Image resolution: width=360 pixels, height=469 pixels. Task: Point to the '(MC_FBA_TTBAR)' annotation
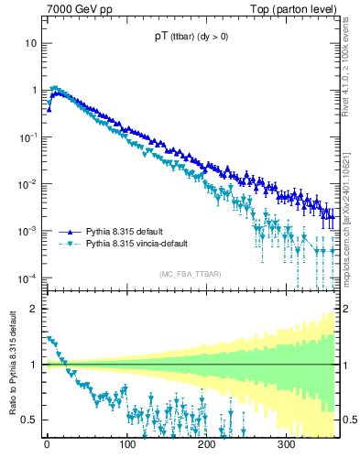190,275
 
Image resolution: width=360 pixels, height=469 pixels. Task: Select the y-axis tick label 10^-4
28,278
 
